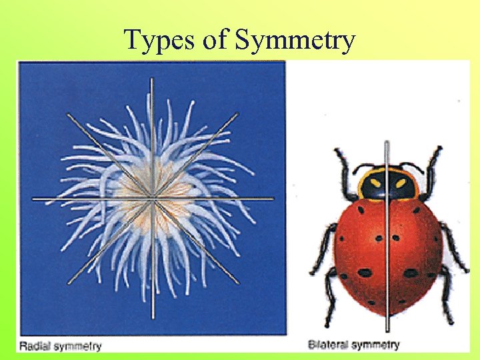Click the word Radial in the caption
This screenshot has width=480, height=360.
pos(36,345)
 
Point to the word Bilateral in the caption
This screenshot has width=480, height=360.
pos(328,345)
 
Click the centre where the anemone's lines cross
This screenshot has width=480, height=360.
pos(153,197)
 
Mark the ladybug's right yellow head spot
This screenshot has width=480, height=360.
pos(400,182)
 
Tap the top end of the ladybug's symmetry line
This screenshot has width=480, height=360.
pos(387,144)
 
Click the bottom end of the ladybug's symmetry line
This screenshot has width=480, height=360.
pos(387,329)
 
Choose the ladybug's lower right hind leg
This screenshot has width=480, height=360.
pos(445,293)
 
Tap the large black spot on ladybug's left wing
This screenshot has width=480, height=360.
pos(364,272)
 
